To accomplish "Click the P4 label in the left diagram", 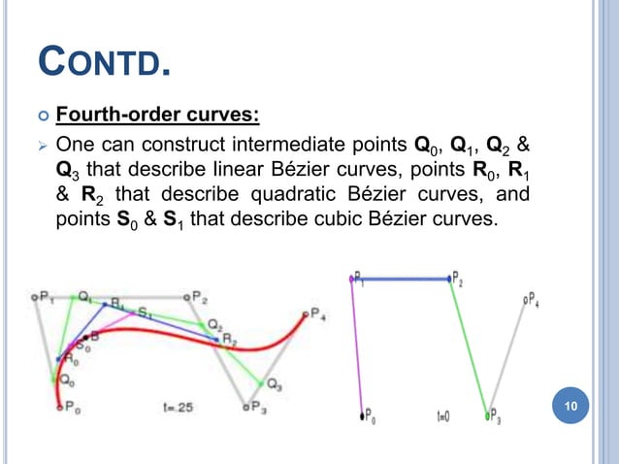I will [x=318, y=315].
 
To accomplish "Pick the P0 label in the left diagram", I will [x=70, y=410].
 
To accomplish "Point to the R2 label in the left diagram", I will [x=230, y=339].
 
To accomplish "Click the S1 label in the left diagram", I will [x=145, y=313].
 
